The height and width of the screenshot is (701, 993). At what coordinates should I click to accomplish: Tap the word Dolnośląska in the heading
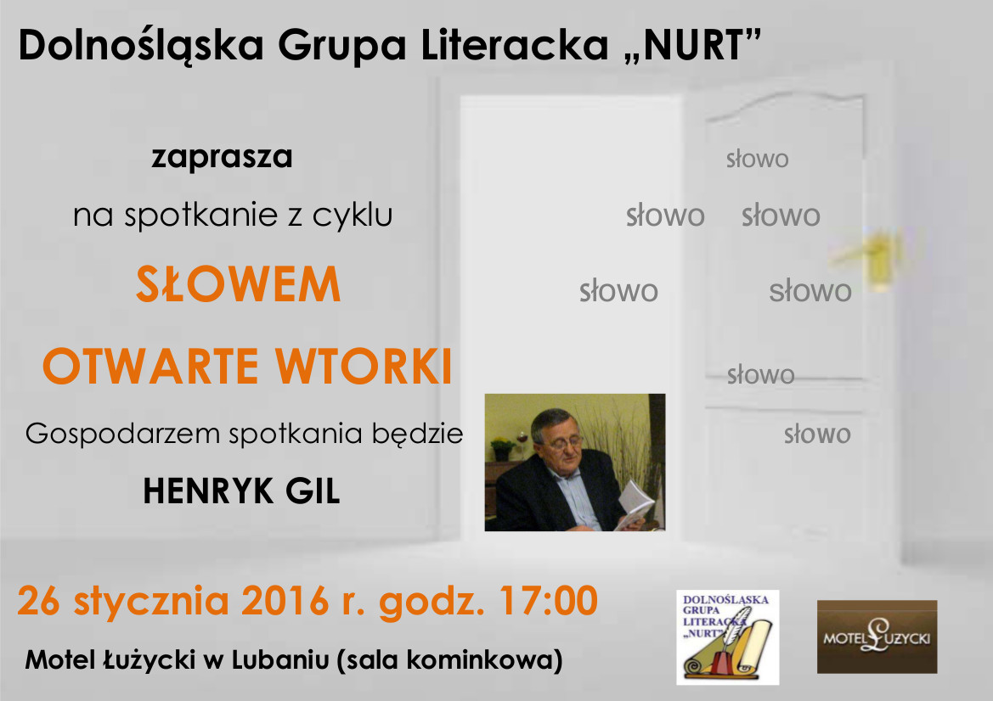141,47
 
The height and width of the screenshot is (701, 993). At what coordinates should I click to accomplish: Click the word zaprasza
222,157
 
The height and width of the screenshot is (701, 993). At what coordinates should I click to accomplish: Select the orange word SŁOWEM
238,284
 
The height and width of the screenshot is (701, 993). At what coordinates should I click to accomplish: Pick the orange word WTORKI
364,367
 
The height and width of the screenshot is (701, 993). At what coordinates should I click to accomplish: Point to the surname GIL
313,491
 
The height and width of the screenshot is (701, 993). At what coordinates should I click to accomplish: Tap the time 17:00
549,600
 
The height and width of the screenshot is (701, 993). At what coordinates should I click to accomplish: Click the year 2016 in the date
285,600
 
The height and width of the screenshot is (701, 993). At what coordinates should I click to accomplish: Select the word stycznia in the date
151,601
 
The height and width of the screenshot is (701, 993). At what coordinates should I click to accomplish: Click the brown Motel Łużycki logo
877,637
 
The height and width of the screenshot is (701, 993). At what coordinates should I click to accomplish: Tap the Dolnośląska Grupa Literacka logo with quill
728,637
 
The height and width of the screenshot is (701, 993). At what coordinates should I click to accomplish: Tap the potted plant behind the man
504,448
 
